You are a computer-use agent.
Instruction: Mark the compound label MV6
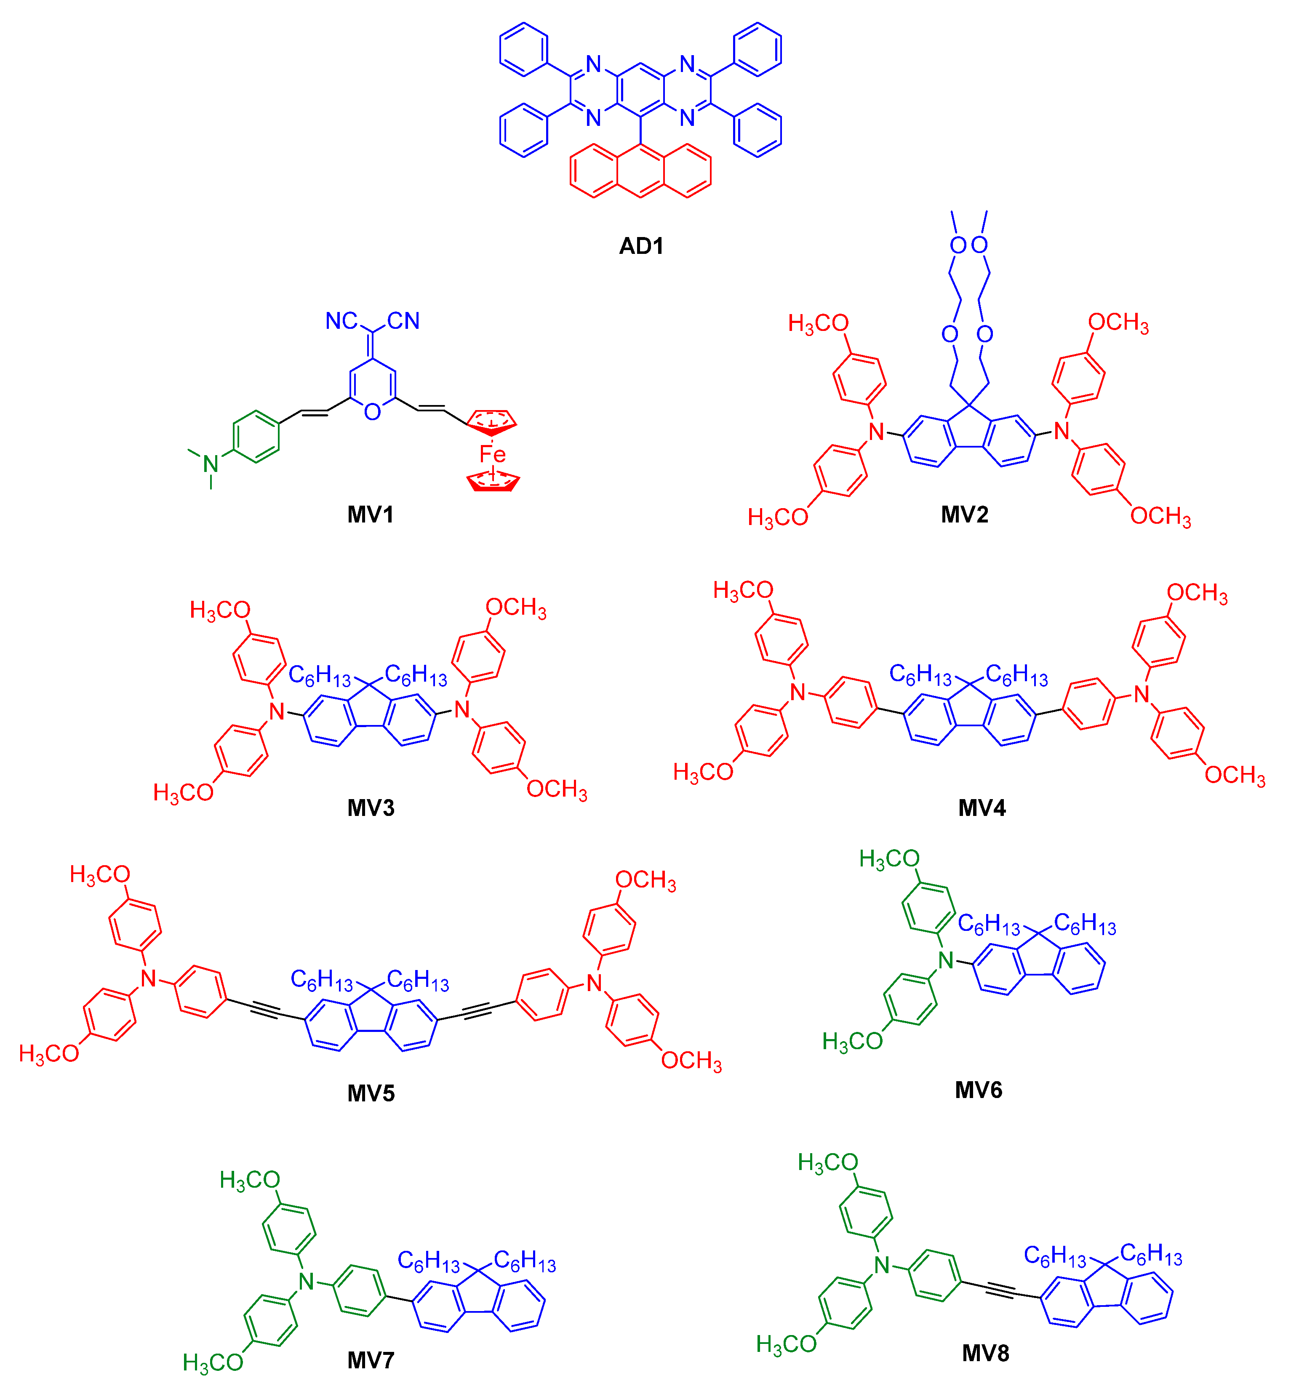[978, 1090]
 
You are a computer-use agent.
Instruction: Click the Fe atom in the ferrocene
[492, 455]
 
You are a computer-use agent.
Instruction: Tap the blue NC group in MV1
[341, 321]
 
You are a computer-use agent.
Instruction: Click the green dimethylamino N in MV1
[210, 463]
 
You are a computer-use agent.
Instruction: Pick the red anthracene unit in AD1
[640, 171]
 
